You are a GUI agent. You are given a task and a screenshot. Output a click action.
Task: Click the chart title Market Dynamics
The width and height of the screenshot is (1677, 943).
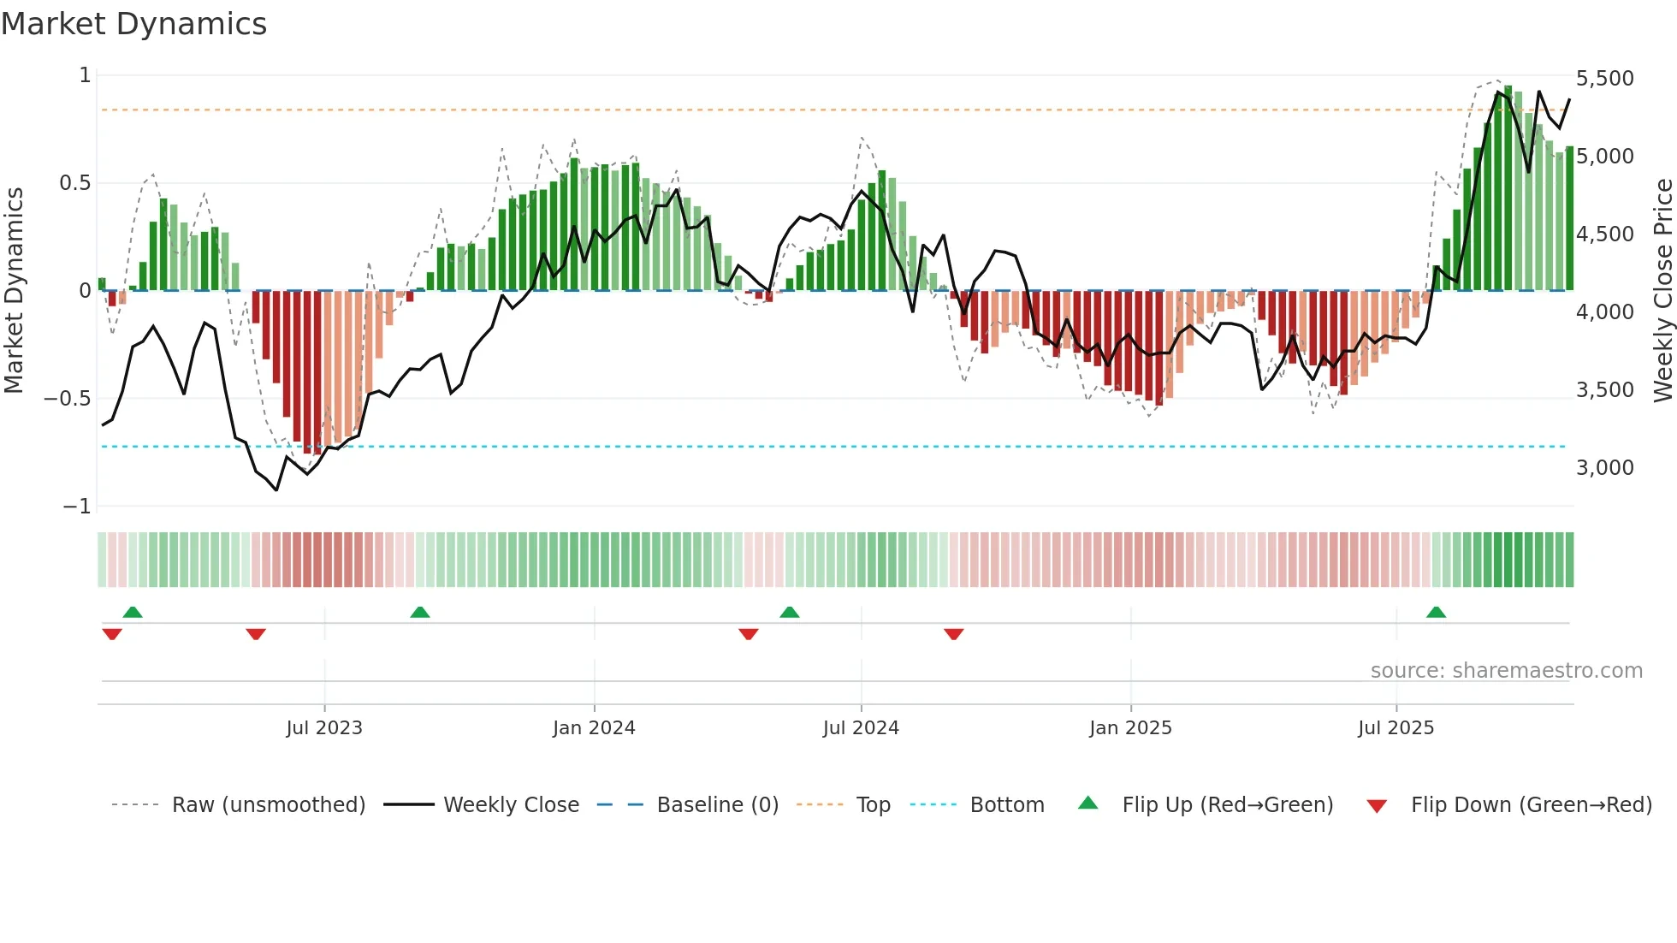[x=133, y=24]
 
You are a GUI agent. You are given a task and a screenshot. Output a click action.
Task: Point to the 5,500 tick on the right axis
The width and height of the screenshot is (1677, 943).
[x=1604, y=79]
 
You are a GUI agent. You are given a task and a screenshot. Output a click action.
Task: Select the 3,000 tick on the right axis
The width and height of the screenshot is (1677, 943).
[x=1604, y=468]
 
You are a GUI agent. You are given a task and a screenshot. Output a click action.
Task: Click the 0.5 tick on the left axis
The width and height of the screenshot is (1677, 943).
[x=74, y=183]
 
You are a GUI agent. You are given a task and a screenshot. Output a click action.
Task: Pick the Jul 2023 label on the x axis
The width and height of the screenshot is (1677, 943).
[x=324, y=728]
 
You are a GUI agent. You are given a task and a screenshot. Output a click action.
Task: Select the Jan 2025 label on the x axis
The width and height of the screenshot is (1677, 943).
[x=1130, y=728]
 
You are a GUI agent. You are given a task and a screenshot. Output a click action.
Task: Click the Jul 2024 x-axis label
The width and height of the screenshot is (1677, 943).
[x=861, y=728]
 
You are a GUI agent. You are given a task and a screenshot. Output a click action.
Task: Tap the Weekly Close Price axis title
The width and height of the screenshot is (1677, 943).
[x=1662, y=290]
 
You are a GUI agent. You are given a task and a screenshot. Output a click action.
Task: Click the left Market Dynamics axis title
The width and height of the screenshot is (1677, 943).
[x=14, y=290]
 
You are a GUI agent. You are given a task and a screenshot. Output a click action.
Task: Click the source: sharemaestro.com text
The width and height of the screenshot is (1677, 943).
[x=1506, y=671]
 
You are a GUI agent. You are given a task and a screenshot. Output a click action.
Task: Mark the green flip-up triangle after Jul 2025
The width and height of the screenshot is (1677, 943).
[x=1436, y=613]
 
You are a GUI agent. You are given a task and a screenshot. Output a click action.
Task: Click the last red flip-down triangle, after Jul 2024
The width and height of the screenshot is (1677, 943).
[x=954, y=634]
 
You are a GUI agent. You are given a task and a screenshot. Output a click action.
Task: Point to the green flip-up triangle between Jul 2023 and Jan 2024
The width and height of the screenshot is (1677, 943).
[x=419, y=613]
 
